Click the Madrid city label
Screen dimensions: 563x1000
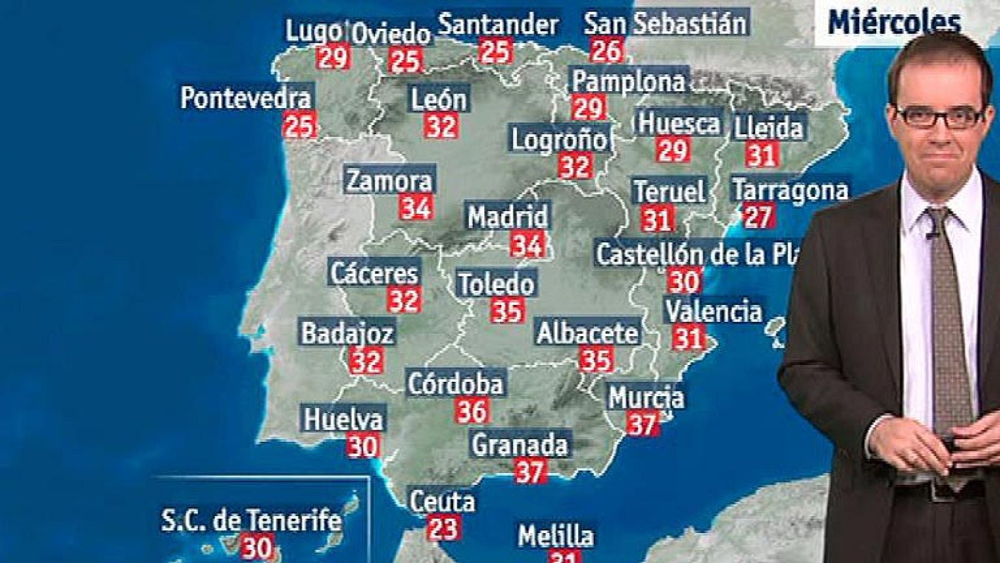(x=507, y=217)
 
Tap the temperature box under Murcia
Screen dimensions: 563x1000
(x=642, y=425)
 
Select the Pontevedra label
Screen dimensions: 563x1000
(x=246, y=98)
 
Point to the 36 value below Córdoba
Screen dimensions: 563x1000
(x=472, y=411)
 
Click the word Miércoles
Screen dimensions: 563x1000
(x=894, y=22)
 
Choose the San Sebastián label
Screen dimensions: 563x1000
(x=665, y=24)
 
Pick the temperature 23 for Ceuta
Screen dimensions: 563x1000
(x=443, y=529)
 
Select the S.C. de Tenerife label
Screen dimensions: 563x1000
(x=251, y=521)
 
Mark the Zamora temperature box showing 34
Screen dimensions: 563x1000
(x=416, y=207)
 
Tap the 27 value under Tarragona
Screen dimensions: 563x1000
(x=757, y=216)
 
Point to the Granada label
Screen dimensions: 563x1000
(x=519, y=445)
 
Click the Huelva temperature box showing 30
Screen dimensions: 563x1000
(x=362, y=446)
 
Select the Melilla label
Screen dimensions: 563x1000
(x=555, y=536)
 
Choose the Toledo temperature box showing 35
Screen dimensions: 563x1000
(x=507, y=311)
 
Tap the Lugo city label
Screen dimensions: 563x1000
(x=314, y=31)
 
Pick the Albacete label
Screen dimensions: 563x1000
(x=587, y=332)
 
